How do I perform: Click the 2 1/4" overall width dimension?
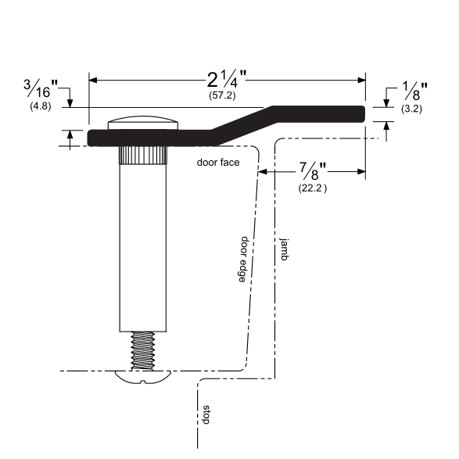[227, 79]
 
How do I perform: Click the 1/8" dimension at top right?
[412, 90]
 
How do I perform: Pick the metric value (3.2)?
[411, 109]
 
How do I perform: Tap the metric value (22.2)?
[313, 188]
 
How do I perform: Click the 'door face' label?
[218, 163]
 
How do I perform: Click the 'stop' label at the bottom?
[206, 414]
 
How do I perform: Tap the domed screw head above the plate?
[143, 123]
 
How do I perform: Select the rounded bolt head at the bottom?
[142, 377]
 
